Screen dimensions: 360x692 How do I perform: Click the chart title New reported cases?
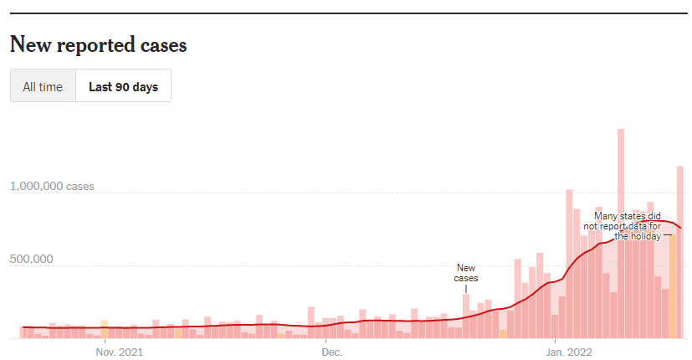pos(98,45)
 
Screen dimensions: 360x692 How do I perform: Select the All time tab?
pos(43,86)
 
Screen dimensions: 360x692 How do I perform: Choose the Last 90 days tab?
pos(123,86)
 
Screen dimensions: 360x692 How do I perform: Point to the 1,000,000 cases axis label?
pos(52,187)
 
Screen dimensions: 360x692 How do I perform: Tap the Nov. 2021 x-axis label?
pos(119,352)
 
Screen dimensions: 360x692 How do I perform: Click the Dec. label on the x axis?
pos(331,352)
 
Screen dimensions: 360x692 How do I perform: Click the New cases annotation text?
pos(466,273)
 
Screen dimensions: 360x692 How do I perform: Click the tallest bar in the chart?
pos(621,234)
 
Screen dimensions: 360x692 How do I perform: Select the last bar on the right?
pos(680,251)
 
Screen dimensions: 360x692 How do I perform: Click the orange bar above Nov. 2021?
pos(104,329)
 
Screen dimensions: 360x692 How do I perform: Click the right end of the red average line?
pos(681,228)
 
